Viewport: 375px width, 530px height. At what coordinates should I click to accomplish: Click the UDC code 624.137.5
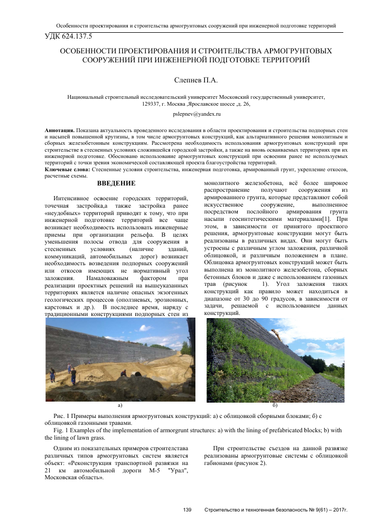click(x=76, y=36)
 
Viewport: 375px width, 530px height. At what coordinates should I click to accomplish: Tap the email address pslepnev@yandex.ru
click(x=196, y=114)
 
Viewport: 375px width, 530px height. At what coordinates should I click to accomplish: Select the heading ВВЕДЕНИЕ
click(x=117, y=183)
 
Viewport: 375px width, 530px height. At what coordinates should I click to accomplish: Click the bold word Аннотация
click(x=59, y=129)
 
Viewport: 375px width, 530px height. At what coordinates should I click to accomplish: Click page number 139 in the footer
click(x=186, y=510)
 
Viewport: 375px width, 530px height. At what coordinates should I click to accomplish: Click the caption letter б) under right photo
click(x=274, y=405)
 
